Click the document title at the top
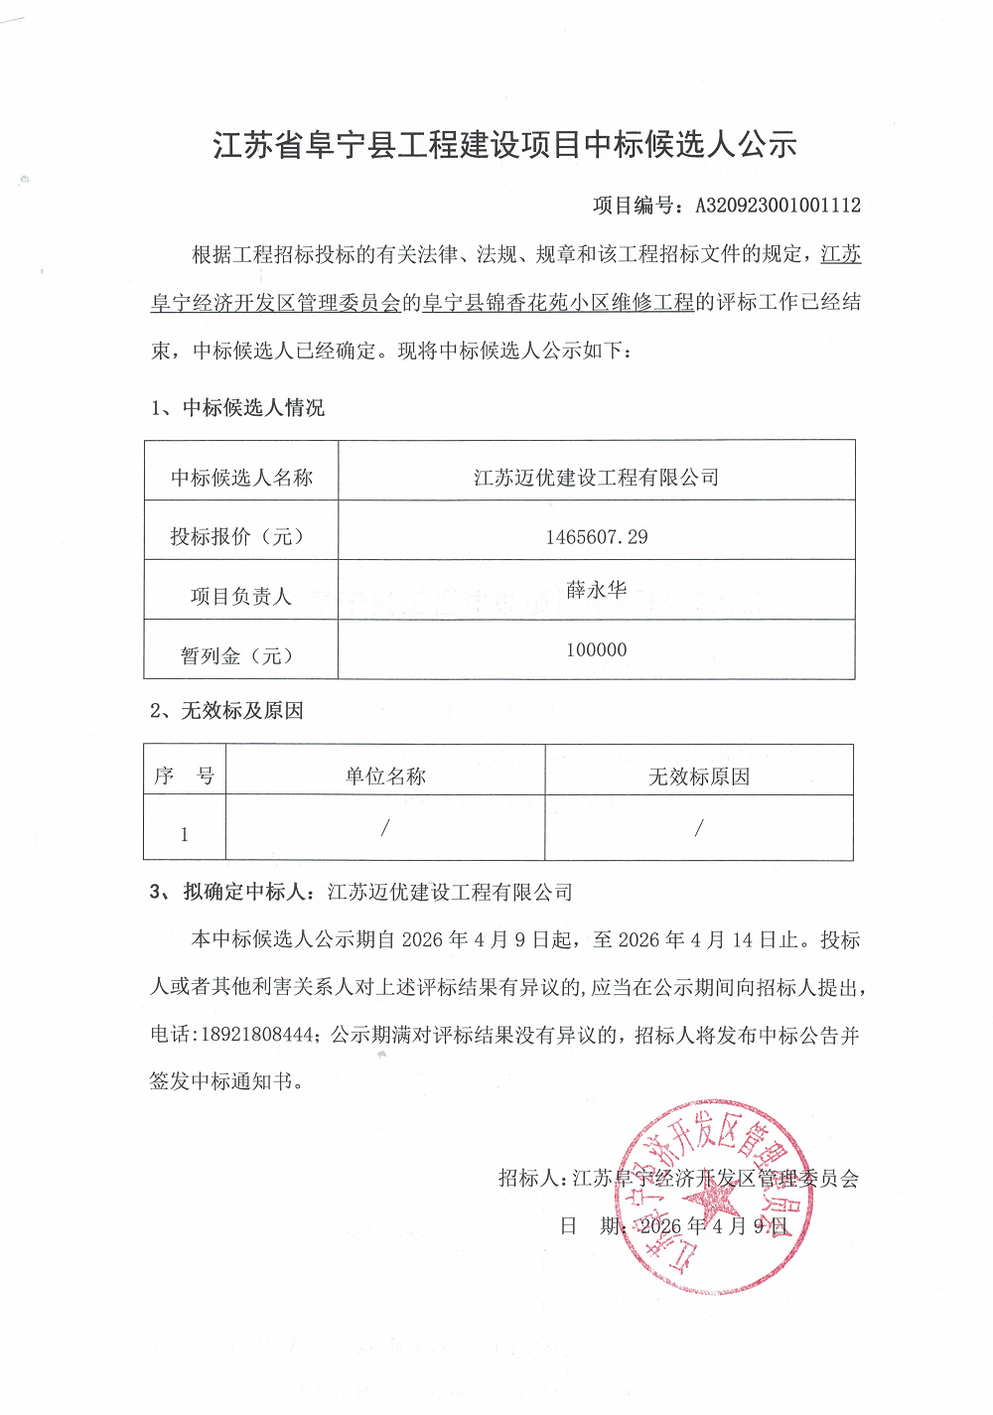[x=504, y=145]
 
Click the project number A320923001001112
[x=778, y=206]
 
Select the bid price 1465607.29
[x=596, y=537]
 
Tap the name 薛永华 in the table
[x=596, y=590]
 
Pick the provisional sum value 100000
[x=596, y=650]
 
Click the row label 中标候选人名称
[x=241, y=478]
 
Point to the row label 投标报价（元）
[x=237, y=537]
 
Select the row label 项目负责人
[x=240, y=597]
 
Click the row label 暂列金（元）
[x=237, y=656]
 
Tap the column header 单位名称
[x=385, y=777]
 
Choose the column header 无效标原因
[x=699, y=777]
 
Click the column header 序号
[x=185, y=777]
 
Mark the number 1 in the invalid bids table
[x=184, y=835]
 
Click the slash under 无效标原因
[x=699, y=827]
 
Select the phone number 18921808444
[x=257, y=1035]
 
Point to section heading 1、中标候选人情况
[x=237, y=408]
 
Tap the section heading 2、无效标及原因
[x=226, y=711]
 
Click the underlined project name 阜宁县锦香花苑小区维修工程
[x=558, y=302]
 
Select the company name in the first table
[x=596, y=478]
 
